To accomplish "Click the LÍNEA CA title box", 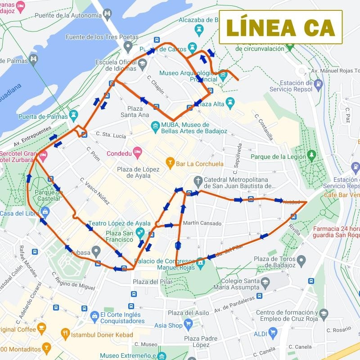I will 281,27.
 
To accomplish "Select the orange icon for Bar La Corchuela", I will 170,162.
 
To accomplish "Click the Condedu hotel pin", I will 137,151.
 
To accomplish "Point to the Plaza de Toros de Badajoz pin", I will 301,260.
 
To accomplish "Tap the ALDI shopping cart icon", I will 273,333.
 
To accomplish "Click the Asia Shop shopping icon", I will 188,324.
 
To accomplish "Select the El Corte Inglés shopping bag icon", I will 94,316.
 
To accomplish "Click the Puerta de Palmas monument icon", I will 74,115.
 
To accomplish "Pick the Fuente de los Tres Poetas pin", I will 128,46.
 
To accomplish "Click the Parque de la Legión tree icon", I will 311,155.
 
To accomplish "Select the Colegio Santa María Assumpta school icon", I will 265,283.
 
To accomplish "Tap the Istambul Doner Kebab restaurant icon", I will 65,333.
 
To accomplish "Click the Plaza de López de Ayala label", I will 138,172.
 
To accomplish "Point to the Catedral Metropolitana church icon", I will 198,181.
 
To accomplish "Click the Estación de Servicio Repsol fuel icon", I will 319,83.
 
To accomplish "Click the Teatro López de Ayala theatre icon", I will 140,231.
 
